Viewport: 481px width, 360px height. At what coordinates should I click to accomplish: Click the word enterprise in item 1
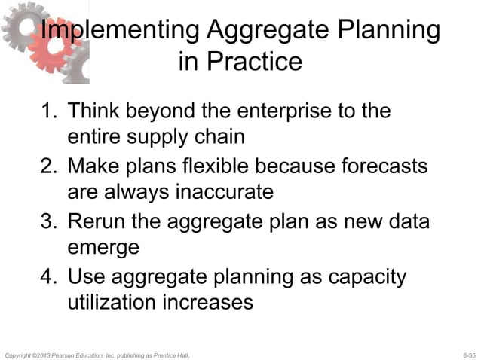[x=285, y=111]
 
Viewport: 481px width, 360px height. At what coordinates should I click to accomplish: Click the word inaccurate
[x=224, y=193]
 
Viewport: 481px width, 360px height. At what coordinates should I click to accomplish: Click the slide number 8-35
[x=468, y=354]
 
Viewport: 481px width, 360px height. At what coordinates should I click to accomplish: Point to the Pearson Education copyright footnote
[x=97, y=354]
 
